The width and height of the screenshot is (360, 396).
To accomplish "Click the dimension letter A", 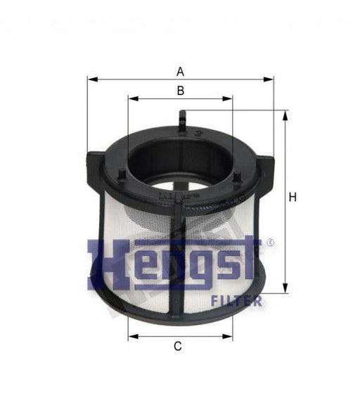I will (181, 71).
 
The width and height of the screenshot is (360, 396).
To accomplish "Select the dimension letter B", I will (181, 90).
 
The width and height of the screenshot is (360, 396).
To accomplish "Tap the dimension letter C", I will (178, 346).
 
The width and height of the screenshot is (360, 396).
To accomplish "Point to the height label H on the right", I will (292, 198).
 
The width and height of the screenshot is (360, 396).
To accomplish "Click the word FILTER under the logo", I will (237, 302).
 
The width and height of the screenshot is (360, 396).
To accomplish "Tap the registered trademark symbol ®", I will (271, 243).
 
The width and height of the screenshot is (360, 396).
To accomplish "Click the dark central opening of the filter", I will (179, 158).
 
